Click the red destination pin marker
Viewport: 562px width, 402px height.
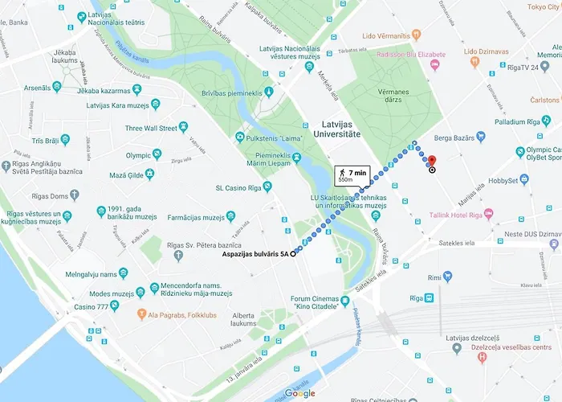431,161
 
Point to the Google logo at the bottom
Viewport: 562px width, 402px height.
299,393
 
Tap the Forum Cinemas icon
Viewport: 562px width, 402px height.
344,302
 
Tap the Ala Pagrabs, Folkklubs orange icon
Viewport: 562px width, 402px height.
142,313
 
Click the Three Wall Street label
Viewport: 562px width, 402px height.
151,128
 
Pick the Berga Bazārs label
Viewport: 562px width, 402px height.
455,138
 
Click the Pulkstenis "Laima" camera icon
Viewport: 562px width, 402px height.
239,137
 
